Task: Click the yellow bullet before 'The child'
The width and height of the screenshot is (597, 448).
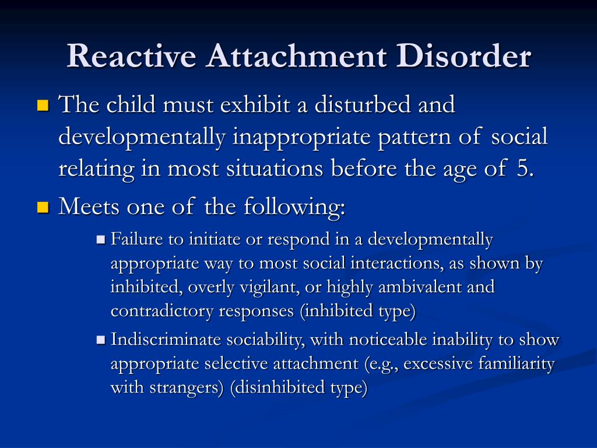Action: click(43, 105)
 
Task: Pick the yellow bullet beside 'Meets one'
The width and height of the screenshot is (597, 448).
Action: click(43, 207)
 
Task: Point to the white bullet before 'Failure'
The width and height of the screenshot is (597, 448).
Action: click(101, 240)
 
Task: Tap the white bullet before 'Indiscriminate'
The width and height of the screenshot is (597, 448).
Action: click(101, 340)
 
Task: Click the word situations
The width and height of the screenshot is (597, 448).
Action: click(275, 169)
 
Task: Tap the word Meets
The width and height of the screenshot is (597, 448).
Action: click(89, 206)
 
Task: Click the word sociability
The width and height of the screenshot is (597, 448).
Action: click(264, 340)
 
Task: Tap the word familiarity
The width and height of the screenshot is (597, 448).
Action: click(517, 364)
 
